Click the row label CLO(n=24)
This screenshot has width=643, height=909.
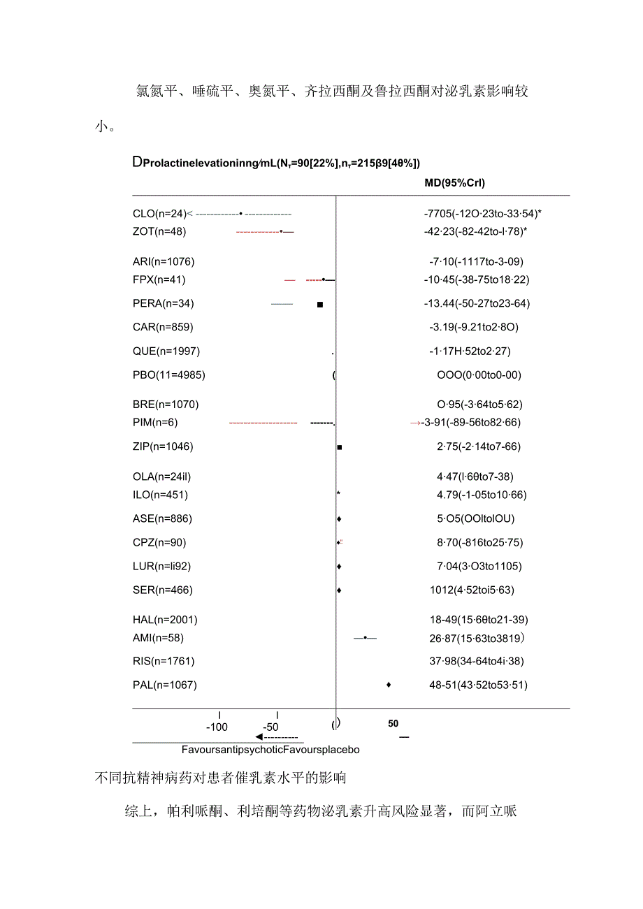pyautogui.click(x=159, y=213)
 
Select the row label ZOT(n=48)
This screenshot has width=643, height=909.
pyautogui.click(x=159, y=231)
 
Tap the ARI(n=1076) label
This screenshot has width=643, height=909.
pyautogui.click(x=164, y=262)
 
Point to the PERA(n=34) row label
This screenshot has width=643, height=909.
pyautogui.click(x=164, y=303)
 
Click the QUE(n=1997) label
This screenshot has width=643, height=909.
pyautogui.click(x=166, y=351)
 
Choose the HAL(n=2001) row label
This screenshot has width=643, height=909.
pyautogui.click(x=165, y=620)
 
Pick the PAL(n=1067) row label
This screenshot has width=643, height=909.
pyautogui.click(x=165, y=685)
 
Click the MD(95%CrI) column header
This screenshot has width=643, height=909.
pyautogui.click(x=454, y=183)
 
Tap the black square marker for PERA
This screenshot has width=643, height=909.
pyautogui.click(x=320, y=304)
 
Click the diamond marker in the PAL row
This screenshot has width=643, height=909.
pyautogui.click(x=389, y=685)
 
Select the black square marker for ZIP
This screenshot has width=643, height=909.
pyautogui.click(x=340, y=446)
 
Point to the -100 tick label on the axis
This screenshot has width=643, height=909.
pyautogui.click(x=217, y=727)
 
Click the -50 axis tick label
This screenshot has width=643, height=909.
pyautogui.click(x=271, y=727)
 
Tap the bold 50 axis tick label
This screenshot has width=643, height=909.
pyautogui.click(x=393, y=724)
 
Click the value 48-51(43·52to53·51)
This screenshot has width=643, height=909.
pyautogui.click(x=478, y=685)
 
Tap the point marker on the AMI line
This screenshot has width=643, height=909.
pyautogui.click(x=365, y=637)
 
